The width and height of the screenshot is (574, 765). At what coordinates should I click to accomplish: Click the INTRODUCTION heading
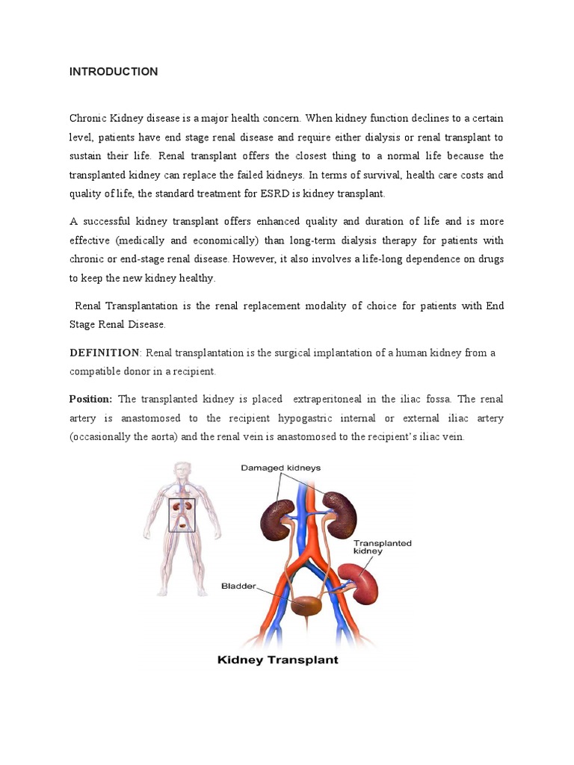114,72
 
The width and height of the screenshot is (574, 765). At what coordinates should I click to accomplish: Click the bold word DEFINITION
105,353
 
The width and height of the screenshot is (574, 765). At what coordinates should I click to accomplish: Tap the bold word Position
90,399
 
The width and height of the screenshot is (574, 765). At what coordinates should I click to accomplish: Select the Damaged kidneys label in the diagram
280,468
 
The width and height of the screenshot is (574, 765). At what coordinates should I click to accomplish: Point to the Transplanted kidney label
382,547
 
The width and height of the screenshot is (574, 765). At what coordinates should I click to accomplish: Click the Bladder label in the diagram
238,586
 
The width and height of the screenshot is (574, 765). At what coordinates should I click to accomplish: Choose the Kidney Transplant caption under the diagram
277,660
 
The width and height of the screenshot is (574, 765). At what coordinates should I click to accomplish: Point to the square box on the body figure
182,515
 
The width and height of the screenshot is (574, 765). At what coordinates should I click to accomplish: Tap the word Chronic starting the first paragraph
89,118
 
